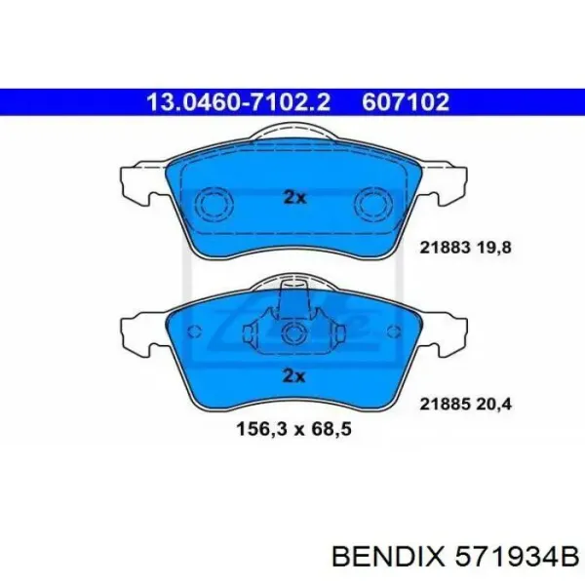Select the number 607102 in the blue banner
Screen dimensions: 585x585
pyautogui.click(x=406, y=101)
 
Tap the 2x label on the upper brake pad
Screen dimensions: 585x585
pyautogui.click(x=293, y=197)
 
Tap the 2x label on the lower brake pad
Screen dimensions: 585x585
pyautogui.click(x=293, y=375)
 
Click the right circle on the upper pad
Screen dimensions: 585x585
pyautogui.click(x=370, y=205)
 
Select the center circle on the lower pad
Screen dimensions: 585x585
pyautogui.click(x=292, y=336)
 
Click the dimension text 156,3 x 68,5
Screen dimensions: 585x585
pyautogui.click(x=292, y=428)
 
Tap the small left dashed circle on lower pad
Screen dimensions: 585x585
pyautogui.click(x=192, y=331)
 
